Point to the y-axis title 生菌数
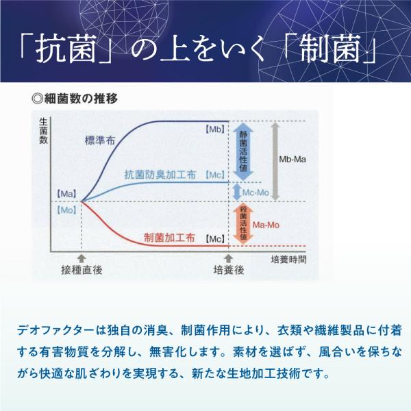(44, 131)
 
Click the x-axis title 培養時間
(288, 260)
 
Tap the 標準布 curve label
(100, 140)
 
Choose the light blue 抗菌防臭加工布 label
(160, 175)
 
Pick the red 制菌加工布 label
(170, 238)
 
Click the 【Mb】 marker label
(215, 129)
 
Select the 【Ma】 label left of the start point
(66, 195)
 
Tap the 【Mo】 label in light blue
(66, 210)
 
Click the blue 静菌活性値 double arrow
(243, 151)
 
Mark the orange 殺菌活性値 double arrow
(243, 223)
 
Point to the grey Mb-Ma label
(292, 160)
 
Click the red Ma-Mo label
(266, 225)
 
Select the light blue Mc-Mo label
(256, 192)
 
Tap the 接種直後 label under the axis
(82, 270)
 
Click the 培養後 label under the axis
(229, 270)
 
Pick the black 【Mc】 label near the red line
(215, 239)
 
